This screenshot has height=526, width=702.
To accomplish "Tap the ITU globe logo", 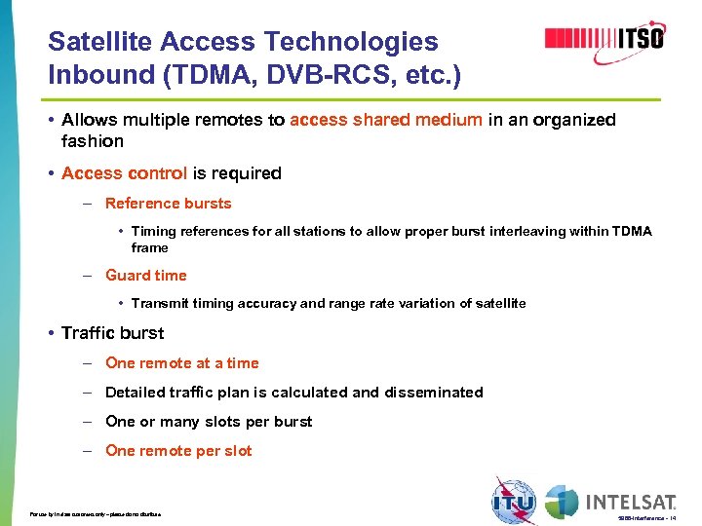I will [513, 500].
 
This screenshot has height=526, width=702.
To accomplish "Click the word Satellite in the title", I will [99, 42].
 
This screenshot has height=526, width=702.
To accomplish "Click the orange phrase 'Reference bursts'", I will [168, 204].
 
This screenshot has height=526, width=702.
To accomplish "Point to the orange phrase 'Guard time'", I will [145, 276].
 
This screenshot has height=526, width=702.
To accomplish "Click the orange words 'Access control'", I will [124, 173].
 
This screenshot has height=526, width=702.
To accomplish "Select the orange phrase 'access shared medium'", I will [386, 120].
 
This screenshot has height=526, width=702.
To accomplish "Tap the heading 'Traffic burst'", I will [112, 333].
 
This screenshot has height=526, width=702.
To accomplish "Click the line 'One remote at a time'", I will [181, 363].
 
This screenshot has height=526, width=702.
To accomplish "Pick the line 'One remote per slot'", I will [177, 451].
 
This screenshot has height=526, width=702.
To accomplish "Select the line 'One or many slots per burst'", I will [209, 422].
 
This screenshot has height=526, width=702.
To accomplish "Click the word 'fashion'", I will [93, 141].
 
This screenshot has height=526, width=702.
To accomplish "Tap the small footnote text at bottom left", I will [95, 513].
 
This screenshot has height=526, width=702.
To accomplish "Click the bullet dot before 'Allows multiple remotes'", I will [50, 120].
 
